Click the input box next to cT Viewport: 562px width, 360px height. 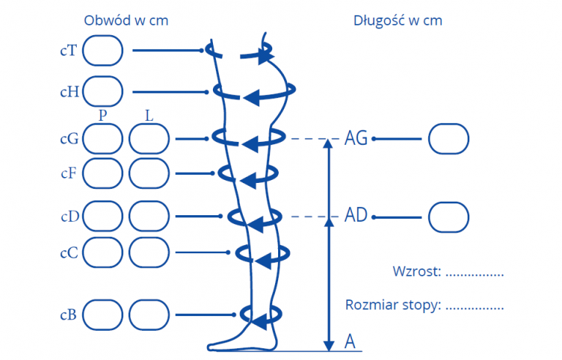[x=102, y=50]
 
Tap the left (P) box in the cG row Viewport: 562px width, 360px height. [x=102, y=138]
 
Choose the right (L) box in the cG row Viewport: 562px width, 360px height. [x=149, y=138]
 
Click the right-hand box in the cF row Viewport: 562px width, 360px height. [x=149, y=173]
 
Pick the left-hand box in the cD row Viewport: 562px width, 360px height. [x=102, y=216]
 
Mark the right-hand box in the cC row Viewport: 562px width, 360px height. [x=149, y=252]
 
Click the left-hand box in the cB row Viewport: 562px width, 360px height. [x=102, y=315]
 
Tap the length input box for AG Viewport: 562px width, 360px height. [x=448, y=138]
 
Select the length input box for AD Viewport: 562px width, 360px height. [x=448, y=217]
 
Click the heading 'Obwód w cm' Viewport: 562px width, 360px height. [x=126, y=20]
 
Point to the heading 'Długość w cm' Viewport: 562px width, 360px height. [x=397, y=20]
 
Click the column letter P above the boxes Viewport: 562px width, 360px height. [x=102, y=116]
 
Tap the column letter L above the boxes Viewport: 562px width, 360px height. [x=149, y=116]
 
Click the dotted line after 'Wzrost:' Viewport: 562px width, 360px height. [x=474, y=274]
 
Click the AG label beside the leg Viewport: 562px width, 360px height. [x=356, y=138]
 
